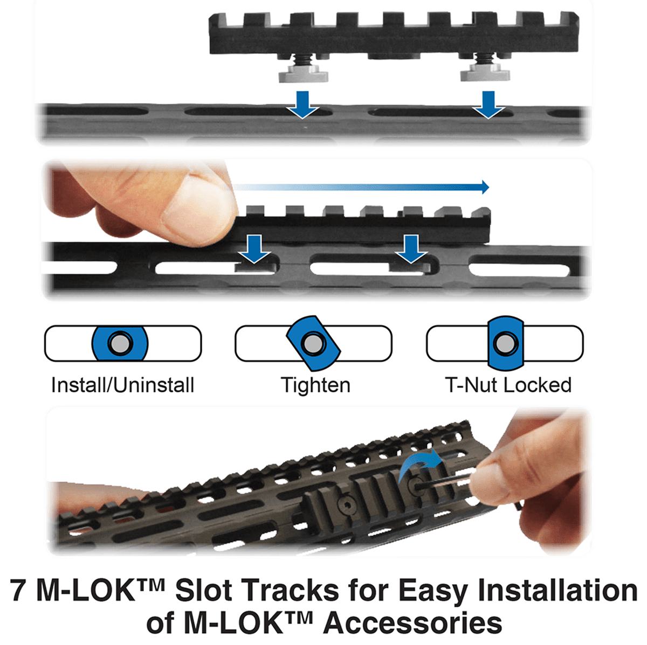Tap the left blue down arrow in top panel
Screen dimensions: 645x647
pyautogui.click(x=303, y=104)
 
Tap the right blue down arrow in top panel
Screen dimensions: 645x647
pyautogui.click(x=488, y=104)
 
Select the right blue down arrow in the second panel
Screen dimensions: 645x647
pyautogui.click(x=411, y=248)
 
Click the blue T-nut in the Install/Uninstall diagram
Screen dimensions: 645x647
pyautogui.click(x=120, y=343)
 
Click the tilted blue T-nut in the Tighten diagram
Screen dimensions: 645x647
pyautogui.click(x=313, y=343)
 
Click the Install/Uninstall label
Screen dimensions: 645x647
pyautogui.click(x=122, y=385)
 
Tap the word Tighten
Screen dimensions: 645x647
pyautogui.click(x=315, y=385)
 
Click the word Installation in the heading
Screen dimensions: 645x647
pyautogui.click(x=557, y=591)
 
